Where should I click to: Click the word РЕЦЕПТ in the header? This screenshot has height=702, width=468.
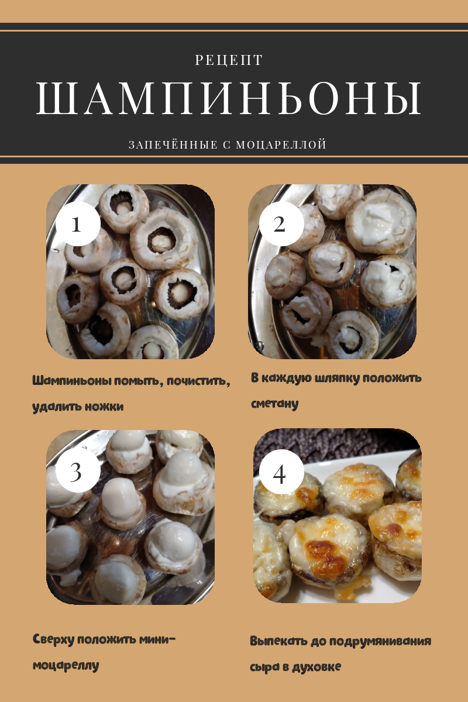coord(229,60)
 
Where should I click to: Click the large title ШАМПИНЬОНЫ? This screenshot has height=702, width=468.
coord(229,98)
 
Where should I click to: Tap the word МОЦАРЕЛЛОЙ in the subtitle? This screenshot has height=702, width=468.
coord(281,144)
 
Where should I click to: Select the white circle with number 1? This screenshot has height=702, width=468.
coord(78,223)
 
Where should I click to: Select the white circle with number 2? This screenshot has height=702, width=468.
coord(281,223)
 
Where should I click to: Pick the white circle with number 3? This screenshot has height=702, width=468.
coord(78,471)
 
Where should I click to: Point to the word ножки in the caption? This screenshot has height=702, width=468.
coord(104,407)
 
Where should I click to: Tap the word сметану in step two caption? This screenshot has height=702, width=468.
coord(274,404)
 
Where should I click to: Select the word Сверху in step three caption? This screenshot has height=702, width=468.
coord(54,639)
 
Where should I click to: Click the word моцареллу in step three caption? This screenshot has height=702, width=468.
coord(66,665)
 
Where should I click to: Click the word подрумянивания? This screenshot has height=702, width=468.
coord(380,641)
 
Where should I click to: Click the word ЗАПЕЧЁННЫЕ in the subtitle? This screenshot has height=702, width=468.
coord(173,144)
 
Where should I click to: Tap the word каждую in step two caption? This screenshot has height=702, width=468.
coord(286,378)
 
